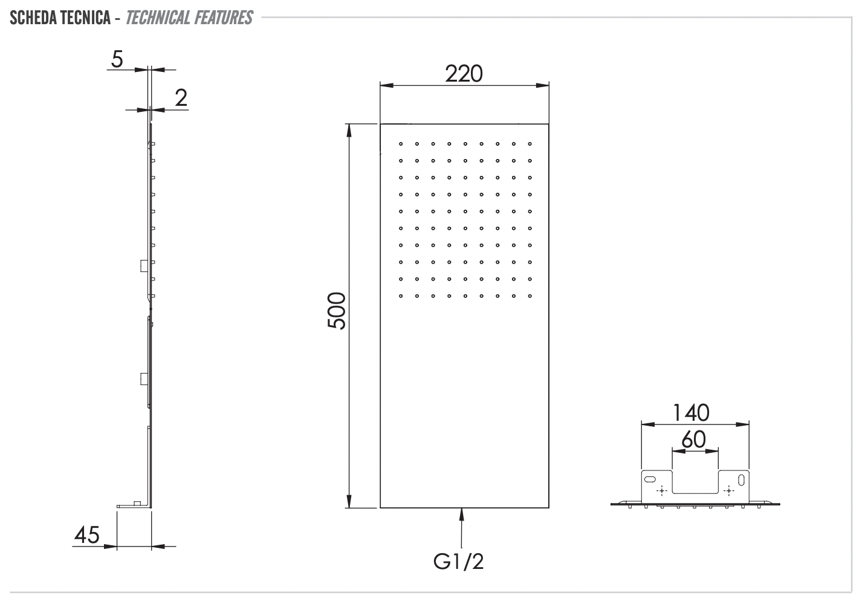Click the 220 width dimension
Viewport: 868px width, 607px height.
464,74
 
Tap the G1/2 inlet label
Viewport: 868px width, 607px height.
459,562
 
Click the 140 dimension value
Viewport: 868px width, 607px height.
691,413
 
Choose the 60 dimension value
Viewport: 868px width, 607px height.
693,440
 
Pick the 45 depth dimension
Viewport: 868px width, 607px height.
86,534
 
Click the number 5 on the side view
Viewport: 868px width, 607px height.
117,59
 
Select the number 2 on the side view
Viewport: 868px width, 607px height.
181,98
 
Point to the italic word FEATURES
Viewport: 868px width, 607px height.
224,18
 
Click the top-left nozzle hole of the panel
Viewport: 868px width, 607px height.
400,144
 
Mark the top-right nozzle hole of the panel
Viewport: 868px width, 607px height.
530,144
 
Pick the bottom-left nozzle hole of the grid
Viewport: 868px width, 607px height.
400,296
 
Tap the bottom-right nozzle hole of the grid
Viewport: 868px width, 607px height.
530,296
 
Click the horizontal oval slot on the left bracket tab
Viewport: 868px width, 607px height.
649,479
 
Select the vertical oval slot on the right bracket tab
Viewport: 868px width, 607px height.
741,481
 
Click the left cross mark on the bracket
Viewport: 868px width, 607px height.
661,490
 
